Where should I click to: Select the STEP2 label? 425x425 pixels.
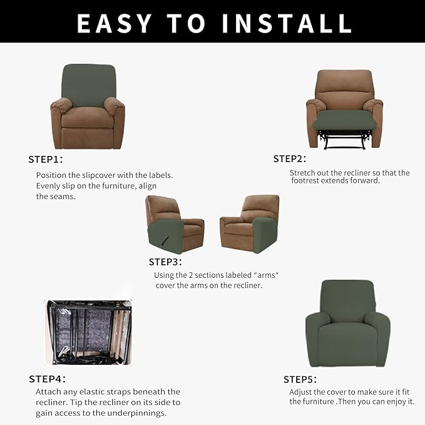click(x=290, y=158)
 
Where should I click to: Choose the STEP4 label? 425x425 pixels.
click(x=48, y=379)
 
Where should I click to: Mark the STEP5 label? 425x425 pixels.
click(x=300, y=379)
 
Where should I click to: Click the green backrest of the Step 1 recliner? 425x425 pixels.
click(x=87, y=84)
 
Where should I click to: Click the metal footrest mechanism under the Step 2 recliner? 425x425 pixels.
click(x=344, y=140)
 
